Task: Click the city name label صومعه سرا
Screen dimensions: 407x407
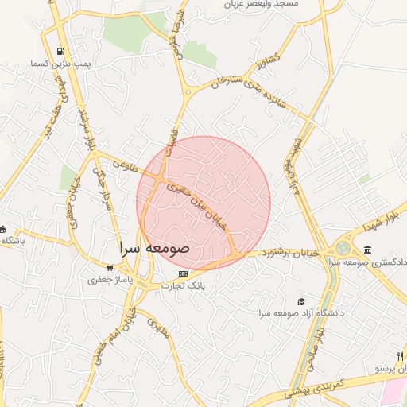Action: [x=156, y=248]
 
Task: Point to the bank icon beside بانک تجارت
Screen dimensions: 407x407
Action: [x=184, y=273]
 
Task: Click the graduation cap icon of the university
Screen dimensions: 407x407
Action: [x=300, y=301]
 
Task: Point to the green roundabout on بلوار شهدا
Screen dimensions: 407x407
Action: [x=343, y=249]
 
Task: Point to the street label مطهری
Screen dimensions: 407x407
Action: [x=161, y=329]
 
